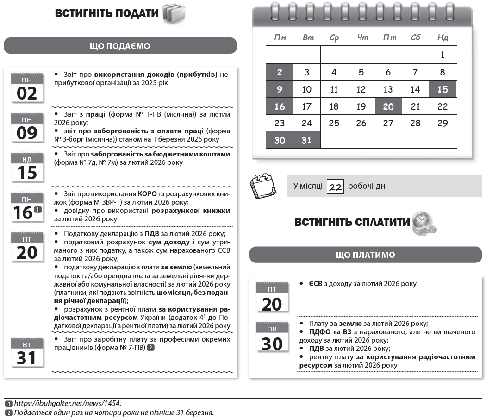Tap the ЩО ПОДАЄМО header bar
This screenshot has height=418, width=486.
120,46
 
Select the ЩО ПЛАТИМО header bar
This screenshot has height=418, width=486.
365,255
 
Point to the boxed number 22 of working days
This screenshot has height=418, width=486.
335,187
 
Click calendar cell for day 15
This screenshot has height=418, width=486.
442,89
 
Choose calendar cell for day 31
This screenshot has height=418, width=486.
307,140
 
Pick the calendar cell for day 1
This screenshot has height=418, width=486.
442,55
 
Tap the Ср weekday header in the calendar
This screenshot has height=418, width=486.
334,37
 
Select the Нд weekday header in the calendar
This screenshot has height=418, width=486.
442,37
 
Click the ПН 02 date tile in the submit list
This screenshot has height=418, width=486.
27,87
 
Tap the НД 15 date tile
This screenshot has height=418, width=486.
27,168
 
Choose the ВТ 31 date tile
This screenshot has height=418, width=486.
27,353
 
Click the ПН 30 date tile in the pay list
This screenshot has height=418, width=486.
272,338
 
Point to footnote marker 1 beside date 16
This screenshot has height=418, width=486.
38,210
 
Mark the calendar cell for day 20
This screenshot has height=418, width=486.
388,106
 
